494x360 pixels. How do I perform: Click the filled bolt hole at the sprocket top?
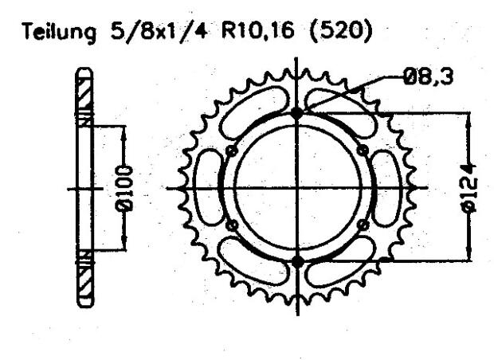pos(298,113)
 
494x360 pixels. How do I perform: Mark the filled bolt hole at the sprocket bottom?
pos(298,262)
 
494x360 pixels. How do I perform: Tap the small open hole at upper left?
pos(232,151)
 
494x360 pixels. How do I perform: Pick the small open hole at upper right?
pos(363,151)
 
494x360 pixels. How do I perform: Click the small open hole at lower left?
pos(232,226)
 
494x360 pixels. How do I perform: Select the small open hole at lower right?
pos(363,226)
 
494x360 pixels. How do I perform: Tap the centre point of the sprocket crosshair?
pos(298,188)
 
